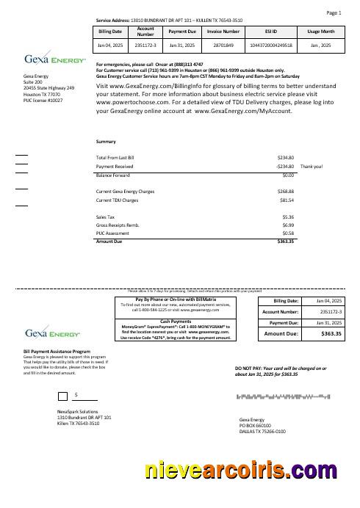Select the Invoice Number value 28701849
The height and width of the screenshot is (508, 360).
pyautogui.click(x=223, y=46)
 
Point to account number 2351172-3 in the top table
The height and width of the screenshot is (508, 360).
pyautogui.click(x=145, y=46)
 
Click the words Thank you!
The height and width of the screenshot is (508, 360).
pyautogui.click(x=312, y=167)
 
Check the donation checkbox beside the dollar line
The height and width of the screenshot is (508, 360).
pyautogui.click(x=62, y=396)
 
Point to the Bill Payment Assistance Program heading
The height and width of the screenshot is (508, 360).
pyautogui.click(x=57, y=352)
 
